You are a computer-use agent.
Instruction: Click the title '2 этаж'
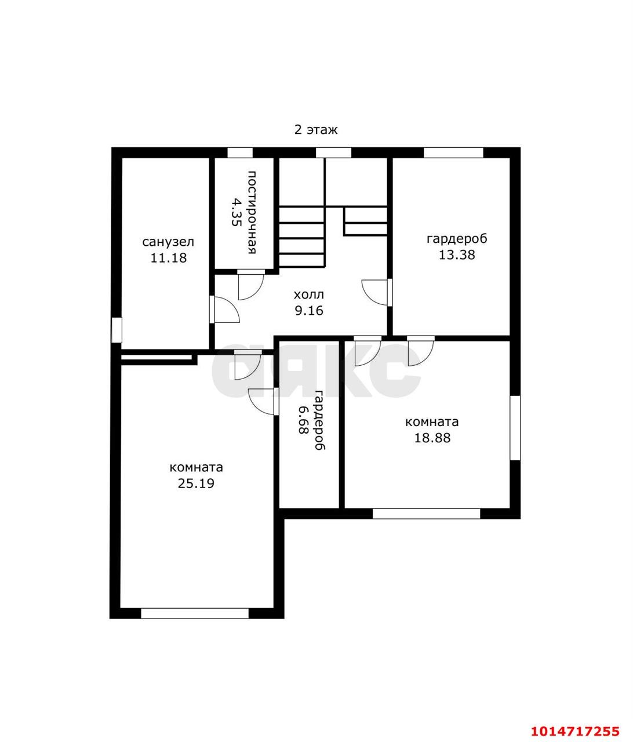point(315,130)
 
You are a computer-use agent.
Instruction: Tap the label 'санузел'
point(168,242)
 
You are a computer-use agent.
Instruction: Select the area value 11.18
point(168,258)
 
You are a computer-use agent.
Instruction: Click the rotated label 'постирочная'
point(252,213)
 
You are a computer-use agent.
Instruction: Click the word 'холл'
point(309,294)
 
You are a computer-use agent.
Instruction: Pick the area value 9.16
point(309,311)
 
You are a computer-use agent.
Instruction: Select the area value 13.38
point(457,254)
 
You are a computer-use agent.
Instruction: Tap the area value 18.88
point(432,438)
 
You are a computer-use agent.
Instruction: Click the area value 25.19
point(196,483)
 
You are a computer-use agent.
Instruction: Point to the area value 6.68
point(303,420)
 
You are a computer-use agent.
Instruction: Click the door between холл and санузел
point(224,309)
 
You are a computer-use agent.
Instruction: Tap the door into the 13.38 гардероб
point(377,293)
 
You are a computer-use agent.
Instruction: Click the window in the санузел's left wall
point(117,330)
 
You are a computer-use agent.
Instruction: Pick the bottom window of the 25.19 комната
point(195,613)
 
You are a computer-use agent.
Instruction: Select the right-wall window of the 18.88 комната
point(515,428)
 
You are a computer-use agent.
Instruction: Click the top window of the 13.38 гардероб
point(453,152)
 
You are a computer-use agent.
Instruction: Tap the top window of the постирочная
point(240,152)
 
